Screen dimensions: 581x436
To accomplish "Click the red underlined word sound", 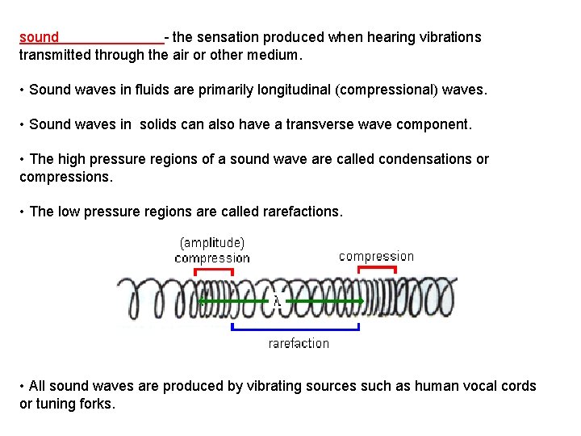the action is pyautogui.click(x=40, y=37).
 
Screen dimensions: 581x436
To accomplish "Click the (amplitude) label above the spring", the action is pyautogui.click(x=212, y=242).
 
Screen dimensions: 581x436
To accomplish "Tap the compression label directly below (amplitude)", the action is pyautogui.click(x=212, y=258).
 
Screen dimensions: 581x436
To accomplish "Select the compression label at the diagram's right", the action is pyautogui.click(x=376, y=256).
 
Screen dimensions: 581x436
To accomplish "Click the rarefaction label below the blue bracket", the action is pyautogui.click(x=299, y=343).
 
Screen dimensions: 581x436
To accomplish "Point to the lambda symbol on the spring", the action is pyautogui.click(x=277, y=301).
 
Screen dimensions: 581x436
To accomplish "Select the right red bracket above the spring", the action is pyautogui.click(x=376, y=269).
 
